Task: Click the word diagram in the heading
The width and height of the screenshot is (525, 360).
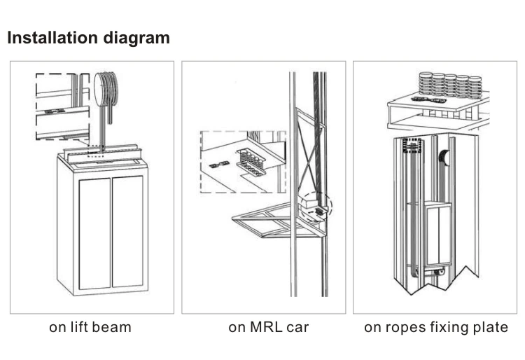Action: pyautogui.click(x=136, y=39)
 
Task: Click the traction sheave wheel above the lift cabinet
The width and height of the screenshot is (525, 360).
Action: pyautogui.click(x=106, y=89)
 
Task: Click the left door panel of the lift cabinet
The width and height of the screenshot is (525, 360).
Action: pyautogui.click(x=95, y=233)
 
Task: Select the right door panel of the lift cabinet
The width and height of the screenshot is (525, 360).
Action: pyautogui.click(x=127, y=232)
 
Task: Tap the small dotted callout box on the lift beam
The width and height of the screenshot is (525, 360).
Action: pyautogui.click(x=95, y=151)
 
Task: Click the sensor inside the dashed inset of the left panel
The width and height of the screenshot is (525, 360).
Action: pyautogui.click(x=54, y=111)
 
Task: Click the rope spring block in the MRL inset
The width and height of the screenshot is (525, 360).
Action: pyautogui.click(x=251, y=162)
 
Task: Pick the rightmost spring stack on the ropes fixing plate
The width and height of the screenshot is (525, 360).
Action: pyautogui.click(x=475, y=88)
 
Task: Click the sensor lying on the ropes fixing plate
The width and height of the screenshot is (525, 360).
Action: pyautogui.click(x=425, y=99)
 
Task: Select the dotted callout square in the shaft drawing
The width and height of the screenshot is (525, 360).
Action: pyautogui.click(x=412, y=146)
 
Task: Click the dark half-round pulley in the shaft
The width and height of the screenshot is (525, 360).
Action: pyautogui.click(x=443, y=158)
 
